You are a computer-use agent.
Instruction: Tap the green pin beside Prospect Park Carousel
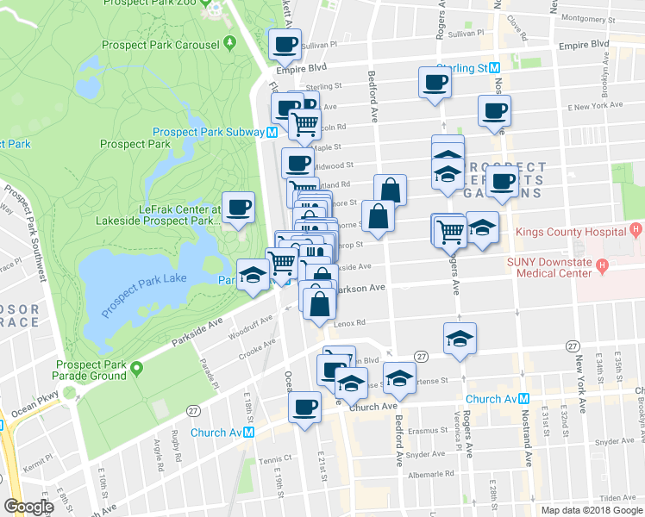coord(229,42)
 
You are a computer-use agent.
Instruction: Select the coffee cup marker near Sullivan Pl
coord(286,44)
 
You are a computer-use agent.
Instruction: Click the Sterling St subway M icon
coord(495,68)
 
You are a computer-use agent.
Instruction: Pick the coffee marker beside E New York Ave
coord(495,110)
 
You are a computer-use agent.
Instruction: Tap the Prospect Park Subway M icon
coord(272,133)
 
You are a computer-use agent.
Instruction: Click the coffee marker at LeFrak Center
coord(239,207)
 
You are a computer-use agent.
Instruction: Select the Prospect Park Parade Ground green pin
coord(136,369)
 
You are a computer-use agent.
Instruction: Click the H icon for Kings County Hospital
coord(636,231)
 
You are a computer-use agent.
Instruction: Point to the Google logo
coord(29,507)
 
